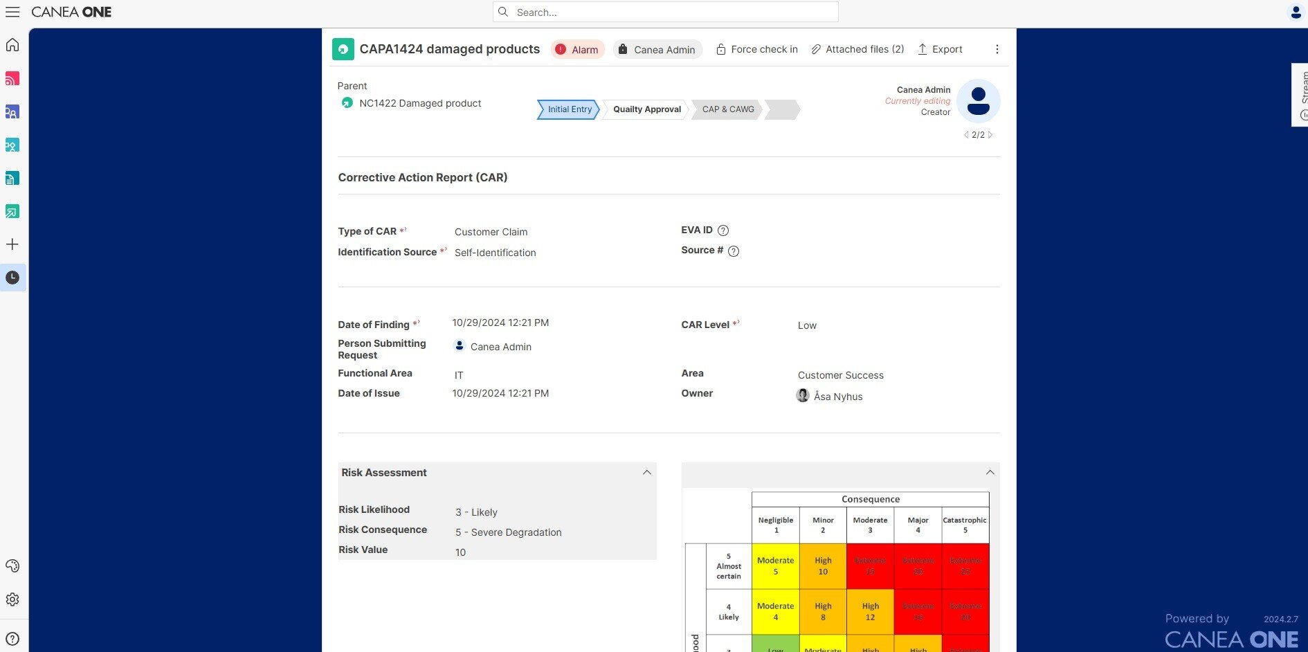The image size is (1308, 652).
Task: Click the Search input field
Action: coord(664,12)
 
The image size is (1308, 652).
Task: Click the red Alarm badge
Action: coord(578,50)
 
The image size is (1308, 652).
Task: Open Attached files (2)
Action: coord(857,50)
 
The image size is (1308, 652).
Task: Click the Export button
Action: coord(940,50)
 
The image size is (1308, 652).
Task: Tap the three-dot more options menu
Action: coord(997,50)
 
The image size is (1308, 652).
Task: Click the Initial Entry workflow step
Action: coord(569,109)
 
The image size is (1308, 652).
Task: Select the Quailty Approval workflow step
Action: coord(646,109)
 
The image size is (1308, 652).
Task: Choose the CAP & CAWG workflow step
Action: coord(727,109)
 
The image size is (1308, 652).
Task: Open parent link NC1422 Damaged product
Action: coord(419,103)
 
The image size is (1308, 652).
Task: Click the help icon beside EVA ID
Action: coord(723,230)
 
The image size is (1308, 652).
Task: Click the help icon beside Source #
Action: coord(734,251)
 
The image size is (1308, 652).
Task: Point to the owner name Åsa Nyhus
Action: coord(837,397)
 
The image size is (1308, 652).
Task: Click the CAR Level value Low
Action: coord(807,325)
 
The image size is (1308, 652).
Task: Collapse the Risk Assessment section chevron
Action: coord(647,473)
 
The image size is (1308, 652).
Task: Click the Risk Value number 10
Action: coord(460,552)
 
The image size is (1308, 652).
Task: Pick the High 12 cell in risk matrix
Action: coord(870,611)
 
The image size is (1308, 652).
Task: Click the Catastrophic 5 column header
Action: coord(965,525)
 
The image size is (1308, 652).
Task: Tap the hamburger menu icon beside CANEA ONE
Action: coord(12,12)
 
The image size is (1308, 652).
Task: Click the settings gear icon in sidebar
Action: coord(12,599)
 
